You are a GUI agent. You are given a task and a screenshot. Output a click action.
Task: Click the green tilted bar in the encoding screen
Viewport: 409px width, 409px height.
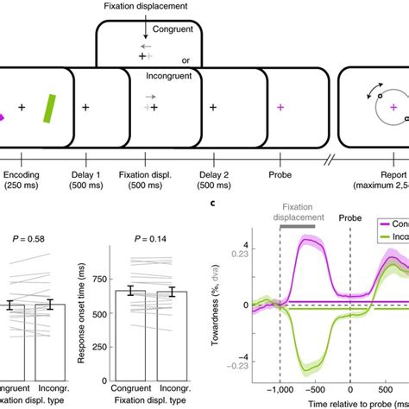pyautogui.click(x=50, y=108)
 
